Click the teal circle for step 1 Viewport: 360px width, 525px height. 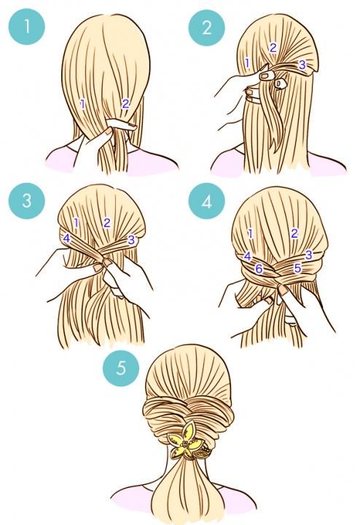(x=26, y=26)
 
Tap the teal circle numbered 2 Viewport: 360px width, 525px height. (x=206, y=28)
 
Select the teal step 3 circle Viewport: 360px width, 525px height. (x=27, y=201)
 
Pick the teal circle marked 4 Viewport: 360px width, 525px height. (x=206, y=201)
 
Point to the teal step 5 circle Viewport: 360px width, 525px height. (x=121, y=368)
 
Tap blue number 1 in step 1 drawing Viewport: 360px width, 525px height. (x=82, y=104)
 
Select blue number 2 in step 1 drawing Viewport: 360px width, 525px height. (x=125, y=104)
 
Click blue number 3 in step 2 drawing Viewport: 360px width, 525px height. (x=302, y=64)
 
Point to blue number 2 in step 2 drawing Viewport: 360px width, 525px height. (x=273, y=48)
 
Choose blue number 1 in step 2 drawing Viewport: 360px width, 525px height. (x=247, y=63)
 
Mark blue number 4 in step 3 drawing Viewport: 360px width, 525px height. (x=66, y=238)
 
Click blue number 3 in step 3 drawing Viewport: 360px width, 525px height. (x=131, y=239)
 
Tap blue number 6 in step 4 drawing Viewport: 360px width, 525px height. (x=259, y=268)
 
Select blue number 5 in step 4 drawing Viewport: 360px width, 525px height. (x=297, y=268)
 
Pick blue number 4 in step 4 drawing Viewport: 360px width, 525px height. (x=247, y=256)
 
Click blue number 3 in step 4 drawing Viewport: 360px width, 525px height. (x=308, y=254)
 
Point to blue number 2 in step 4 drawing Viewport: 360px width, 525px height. (x=294, y=233)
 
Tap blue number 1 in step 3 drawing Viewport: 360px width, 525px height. (x=76, y=222)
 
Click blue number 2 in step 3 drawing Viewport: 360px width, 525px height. (x=106, y=222)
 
